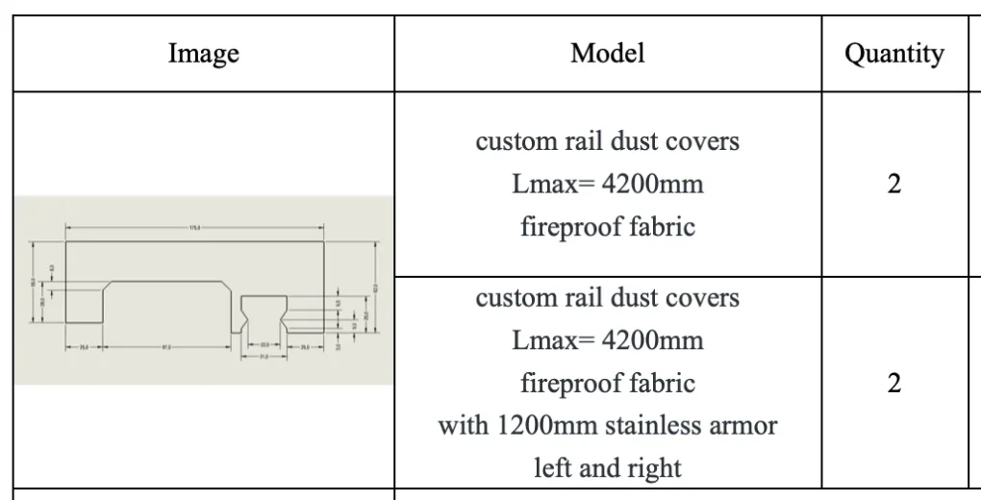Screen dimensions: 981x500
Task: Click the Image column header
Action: [203, 54]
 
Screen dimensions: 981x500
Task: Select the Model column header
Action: [607, 53]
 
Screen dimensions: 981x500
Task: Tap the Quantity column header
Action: [893, 54]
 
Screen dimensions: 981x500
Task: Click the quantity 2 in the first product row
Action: [893, 184]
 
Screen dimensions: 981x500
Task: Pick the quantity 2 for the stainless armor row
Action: [893, 384]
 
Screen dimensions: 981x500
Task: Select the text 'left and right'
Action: [607, 468]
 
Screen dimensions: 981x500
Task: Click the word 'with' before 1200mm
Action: [462, 425]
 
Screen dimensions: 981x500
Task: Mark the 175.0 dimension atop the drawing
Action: [195, 227]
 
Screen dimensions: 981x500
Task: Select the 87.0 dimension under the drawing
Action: [167, 347]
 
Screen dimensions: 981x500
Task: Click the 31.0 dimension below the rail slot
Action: [263, 356]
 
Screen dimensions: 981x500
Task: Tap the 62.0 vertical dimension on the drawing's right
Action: [378, 287]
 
